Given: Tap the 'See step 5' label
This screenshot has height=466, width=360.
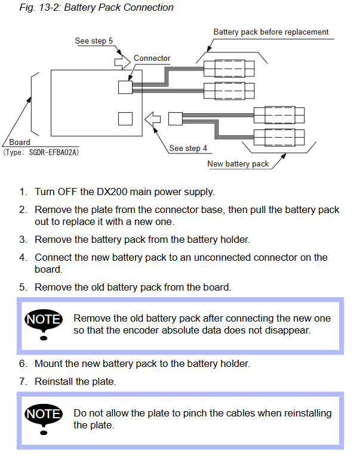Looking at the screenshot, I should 94,41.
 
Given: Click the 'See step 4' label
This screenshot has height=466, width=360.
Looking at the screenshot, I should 188,148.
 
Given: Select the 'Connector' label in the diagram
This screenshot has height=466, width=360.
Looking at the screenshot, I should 152,58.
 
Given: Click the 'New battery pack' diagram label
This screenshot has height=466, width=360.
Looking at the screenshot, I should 238,163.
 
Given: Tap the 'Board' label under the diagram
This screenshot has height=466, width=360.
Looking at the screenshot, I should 20,143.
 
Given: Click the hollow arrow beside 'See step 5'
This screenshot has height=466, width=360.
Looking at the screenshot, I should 122,59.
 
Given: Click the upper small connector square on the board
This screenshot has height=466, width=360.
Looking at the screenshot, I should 125,87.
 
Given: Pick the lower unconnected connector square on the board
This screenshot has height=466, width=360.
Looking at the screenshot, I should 125,119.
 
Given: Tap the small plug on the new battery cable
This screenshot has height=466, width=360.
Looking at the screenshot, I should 175,119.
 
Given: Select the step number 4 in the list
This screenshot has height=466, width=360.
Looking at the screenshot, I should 23,258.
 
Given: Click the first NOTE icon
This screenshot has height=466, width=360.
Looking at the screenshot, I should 43,323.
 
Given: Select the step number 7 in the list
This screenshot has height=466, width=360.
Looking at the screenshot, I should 23,381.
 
